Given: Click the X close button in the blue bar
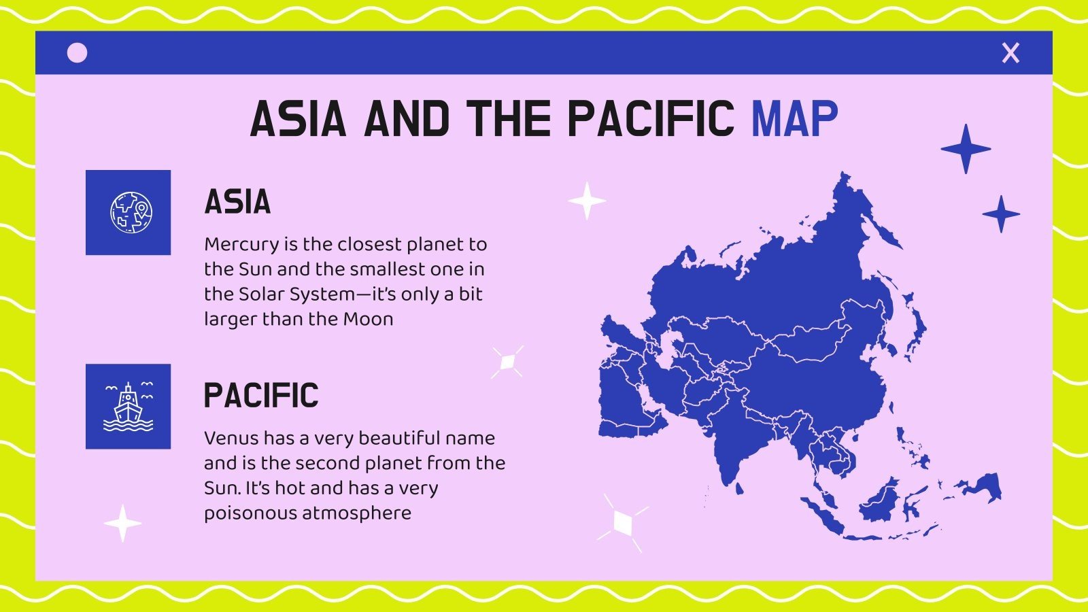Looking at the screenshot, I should point(1010,53).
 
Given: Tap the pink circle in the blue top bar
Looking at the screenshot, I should point(78,53).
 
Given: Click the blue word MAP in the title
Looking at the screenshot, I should point(794,120).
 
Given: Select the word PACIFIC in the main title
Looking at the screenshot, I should point(650,120).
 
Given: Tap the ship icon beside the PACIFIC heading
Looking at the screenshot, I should point(129,407).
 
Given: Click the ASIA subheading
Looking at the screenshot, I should point(237,202).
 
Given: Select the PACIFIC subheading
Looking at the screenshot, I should point(261,396).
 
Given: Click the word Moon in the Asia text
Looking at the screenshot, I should point(368,319).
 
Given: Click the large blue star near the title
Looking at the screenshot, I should point(966,149).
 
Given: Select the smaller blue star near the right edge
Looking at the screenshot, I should point(1001,214).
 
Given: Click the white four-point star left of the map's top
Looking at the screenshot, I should point(587,201).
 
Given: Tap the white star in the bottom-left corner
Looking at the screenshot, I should point(122,523).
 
